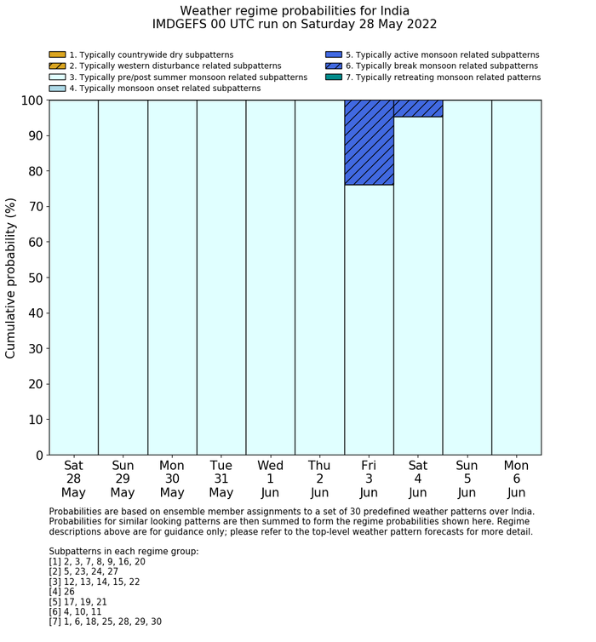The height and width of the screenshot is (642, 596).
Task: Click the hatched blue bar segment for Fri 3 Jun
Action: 369,142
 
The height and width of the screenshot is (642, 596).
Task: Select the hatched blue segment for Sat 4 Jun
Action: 418,108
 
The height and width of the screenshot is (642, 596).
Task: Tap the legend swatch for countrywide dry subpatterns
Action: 57,54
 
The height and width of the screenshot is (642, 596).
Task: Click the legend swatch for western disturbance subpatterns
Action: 57,66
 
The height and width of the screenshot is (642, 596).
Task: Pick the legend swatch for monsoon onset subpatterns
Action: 57,88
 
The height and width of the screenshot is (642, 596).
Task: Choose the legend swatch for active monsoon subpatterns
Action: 334,54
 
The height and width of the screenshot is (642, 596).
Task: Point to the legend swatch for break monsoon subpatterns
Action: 334,66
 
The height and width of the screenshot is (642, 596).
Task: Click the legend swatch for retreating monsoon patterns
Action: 334,77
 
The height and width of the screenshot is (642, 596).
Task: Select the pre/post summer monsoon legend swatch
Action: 57,77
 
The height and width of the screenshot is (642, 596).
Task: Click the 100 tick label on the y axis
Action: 31,100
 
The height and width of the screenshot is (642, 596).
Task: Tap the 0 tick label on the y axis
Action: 38,456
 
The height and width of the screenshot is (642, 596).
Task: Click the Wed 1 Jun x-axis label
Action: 270,479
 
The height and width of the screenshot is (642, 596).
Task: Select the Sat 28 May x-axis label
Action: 73,479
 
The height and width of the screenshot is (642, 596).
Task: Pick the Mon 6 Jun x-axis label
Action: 516,479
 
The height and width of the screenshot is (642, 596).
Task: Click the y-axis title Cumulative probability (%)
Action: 11,278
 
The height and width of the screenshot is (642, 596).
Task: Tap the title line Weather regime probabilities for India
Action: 295,10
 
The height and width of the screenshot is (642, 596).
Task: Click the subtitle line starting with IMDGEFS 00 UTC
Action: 295,25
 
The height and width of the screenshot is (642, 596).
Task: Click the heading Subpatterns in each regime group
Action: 123,551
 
